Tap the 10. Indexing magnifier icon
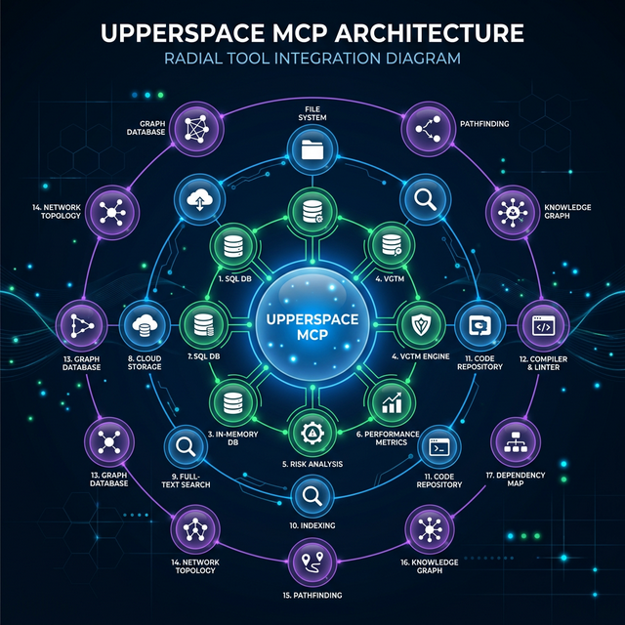312,496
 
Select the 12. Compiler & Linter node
536,323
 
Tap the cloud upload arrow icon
200,200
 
